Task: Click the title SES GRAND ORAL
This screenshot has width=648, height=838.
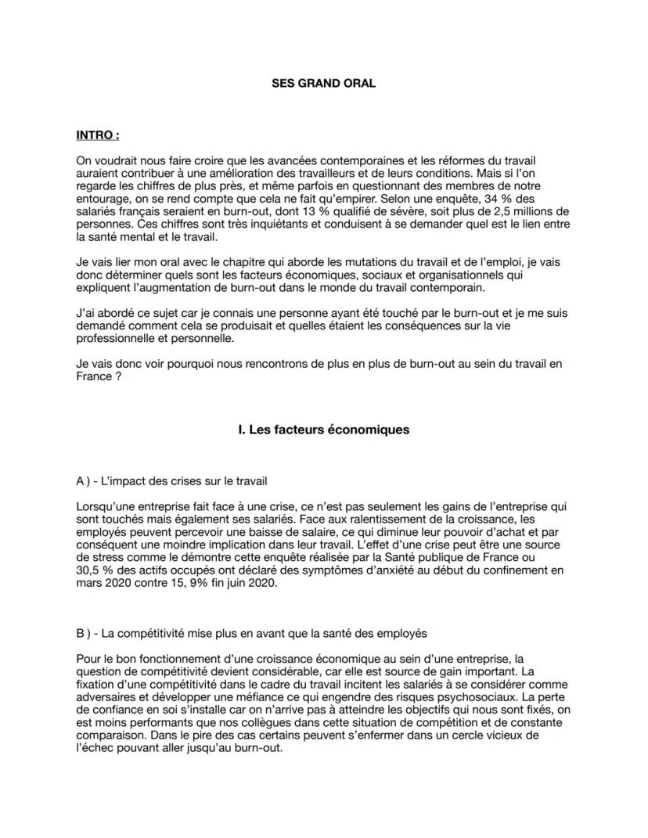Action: [323, 83]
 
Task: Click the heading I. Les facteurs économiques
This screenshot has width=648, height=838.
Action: [323, 430]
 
